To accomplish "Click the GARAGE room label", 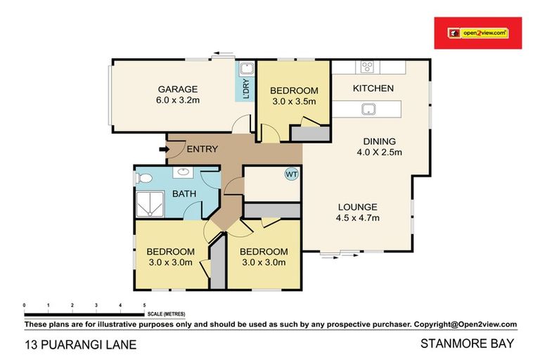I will [x=177, y=89].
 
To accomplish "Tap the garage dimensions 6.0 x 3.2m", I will [x=177, y=101].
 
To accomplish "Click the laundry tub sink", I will [x=246, y=70].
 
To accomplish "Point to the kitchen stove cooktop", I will [x=367, y=67].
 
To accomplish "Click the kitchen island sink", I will [x=367, y=109].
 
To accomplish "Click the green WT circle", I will [x=290, y=174].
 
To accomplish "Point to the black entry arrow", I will [x=159, y=148].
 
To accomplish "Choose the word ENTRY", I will [x=202, y=149].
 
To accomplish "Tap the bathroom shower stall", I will [x=150, y=204].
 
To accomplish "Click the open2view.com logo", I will [x=477, y=32].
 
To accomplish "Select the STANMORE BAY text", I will [x=468, y=345].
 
